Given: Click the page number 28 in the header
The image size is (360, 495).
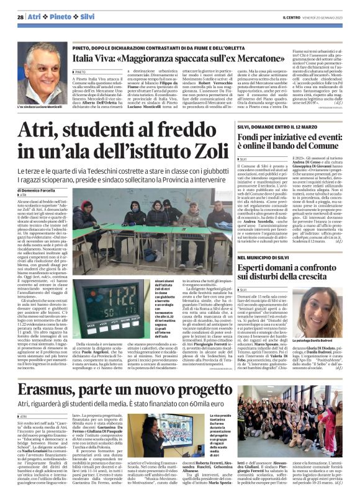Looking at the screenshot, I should (20, 17).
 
